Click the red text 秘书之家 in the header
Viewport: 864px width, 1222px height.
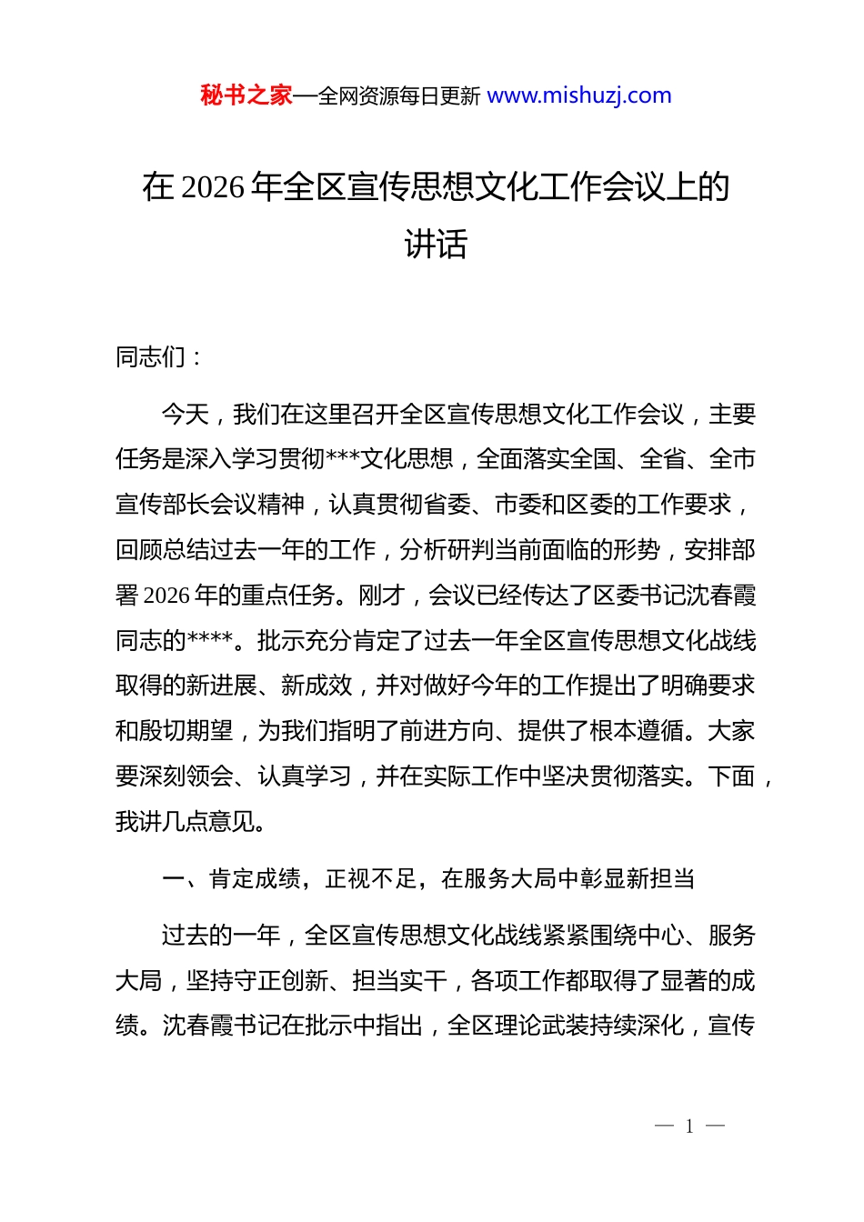coord(246,95)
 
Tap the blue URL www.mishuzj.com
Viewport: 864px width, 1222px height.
coord(579,95)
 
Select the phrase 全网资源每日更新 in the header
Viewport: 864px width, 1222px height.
coord(399,96)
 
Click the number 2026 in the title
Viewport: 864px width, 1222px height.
coord(213,187)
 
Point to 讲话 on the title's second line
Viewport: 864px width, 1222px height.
coord(436,244)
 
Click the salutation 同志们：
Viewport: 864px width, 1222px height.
coord(160,357)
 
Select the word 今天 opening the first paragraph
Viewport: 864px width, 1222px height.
coord(185,415)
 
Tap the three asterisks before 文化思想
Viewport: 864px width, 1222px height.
coord(343,459)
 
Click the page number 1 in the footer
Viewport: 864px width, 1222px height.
coord(689,1127)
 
